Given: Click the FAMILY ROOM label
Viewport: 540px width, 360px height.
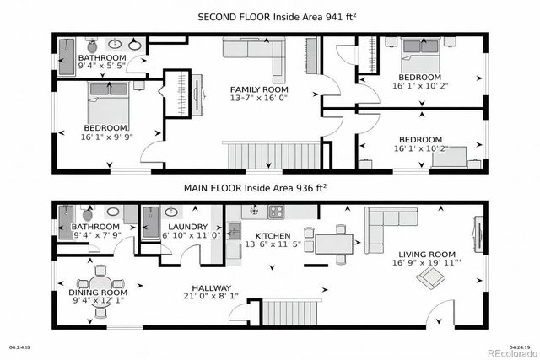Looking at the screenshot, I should [260, 89].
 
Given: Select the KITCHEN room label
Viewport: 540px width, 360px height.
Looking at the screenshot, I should [273, 236].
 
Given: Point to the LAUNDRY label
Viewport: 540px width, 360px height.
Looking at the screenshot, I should [181, 227].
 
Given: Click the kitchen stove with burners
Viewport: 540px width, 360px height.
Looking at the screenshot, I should [277, 211].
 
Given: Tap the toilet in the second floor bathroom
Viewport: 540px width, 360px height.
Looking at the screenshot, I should [94, 45].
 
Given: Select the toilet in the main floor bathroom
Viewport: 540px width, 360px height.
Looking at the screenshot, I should [89, 213].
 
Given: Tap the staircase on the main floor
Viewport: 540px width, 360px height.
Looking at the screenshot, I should [292, 314].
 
